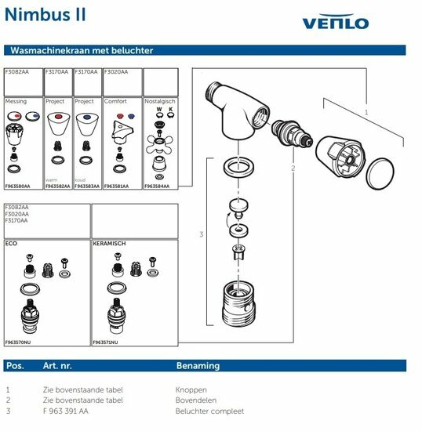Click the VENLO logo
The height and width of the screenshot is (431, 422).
coord(336,22)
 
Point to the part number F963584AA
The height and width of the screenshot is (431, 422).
coord(160,187)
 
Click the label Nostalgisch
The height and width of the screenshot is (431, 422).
coord(161,101)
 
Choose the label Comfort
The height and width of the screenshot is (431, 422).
coord(116,101)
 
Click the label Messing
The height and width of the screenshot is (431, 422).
coord(16,101)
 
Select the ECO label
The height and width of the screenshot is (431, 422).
coord(11,244)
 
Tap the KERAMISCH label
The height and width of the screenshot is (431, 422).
coord(110,244)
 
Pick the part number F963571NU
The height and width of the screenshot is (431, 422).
coord(106,342)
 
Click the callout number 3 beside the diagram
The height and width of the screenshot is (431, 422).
coord(201,234)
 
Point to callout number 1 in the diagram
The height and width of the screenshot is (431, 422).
coord(365,112)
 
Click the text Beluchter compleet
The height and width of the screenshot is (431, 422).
coord(209,411)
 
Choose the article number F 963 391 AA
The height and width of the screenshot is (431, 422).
coord(65,411)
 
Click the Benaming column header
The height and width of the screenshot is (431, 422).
coord(198,366)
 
